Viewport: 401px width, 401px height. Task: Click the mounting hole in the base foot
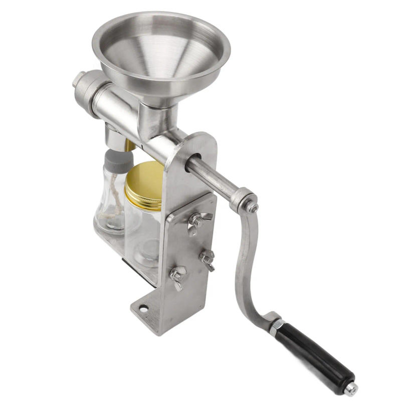tap(143, 308)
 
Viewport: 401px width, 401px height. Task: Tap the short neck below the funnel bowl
tap(158, 118)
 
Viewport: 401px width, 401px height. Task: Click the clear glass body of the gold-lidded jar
tap(140, 231)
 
